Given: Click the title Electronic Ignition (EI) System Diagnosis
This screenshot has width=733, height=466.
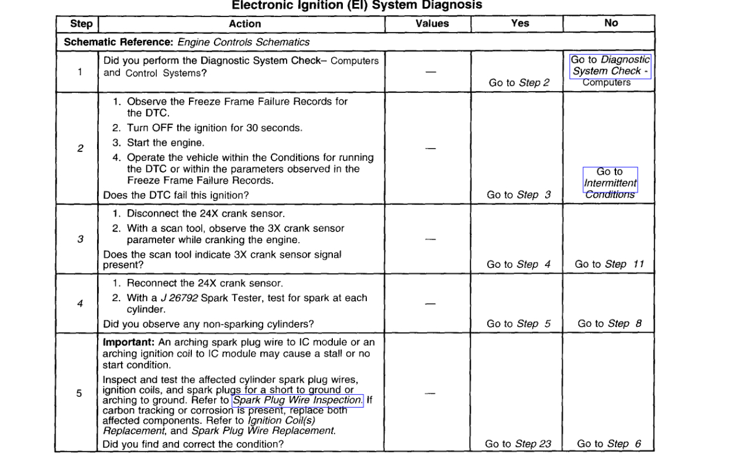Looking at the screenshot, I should coord(357,5).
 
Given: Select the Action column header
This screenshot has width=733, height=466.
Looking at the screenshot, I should coord(245,24).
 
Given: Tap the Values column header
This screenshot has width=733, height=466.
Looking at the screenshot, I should coord(432,24).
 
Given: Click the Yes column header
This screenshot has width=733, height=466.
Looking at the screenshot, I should coord(519,23).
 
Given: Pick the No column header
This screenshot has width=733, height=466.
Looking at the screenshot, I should coord(611,23).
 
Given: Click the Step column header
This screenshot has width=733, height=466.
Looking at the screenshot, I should coord(81,24).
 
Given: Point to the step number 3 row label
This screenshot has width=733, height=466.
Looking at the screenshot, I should coord(80,239).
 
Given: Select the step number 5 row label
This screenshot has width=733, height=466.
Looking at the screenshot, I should coord(79,393).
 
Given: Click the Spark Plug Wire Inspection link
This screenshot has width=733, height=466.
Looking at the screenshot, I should coord(298,401).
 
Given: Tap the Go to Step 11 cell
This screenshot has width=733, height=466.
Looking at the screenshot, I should coord(609,264).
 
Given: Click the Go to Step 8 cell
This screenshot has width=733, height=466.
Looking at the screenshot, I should coord(609,323).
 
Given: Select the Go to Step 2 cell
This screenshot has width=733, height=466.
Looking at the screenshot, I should coord(519,82).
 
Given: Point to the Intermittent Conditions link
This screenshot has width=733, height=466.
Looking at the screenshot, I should coord(610,183).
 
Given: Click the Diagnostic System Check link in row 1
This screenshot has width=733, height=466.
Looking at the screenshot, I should coord(610,65).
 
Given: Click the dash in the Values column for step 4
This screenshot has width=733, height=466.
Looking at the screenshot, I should coord(431,304).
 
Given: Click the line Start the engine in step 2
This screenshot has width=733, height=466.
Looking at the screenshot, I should coord(166,143).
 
